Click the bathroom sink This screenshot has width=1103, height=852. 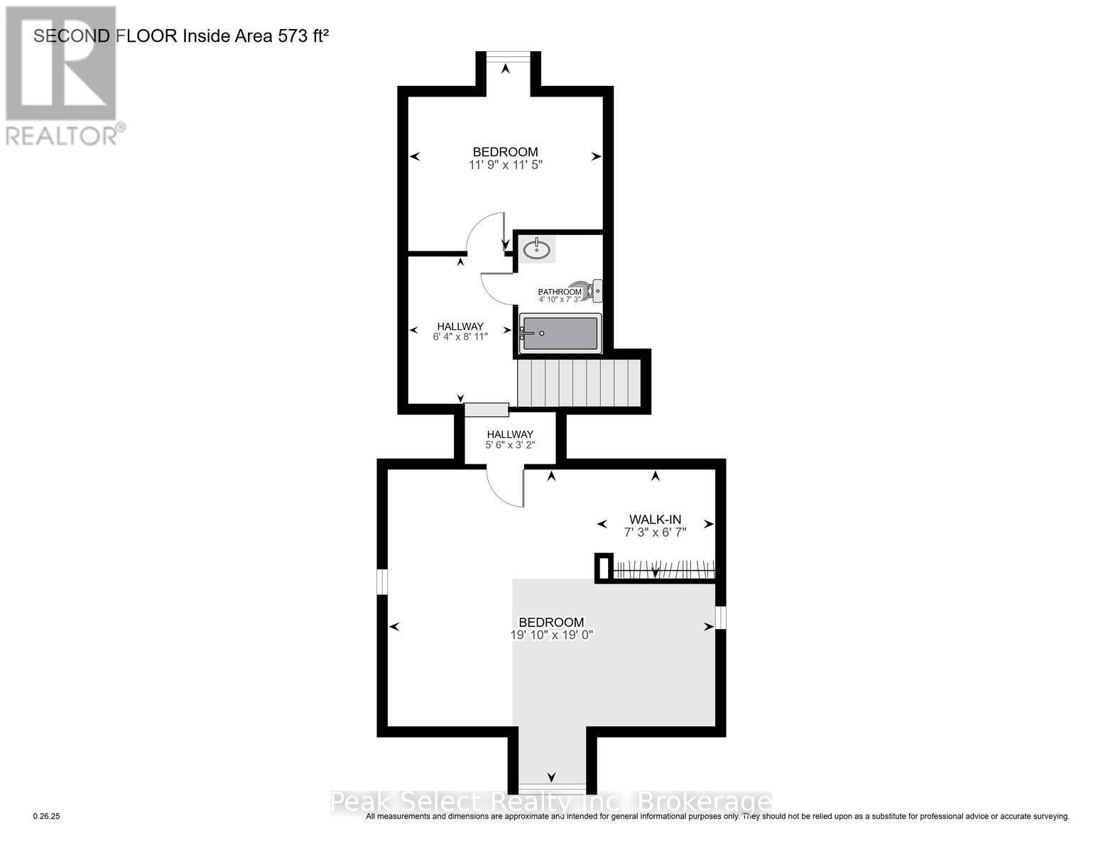[x=537, y=249]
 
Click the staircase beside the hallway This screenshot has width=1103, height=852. [x=579, y=383]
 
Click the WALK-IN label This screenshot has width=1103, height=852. [x=655, y=519]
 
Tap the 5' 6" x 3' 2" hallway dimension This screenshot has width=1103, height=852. [x=509, y=445]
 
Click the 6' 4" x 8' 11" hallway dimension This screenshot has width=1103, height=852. [x=460, y=337]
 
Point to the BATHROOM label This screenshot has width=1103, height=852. [x=560, y=292]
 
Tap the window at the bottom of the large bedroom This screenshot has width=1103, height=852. [x=552, y=788]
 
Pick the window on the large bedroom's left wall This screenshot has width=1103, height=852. [x=382, y=581]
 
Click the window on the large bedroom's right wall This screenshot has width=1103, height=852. [x=721, y=617]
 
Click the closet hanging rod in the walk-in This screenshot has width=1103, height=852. [x=663, y=569]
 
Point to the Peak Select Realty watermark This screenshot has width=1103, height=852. [x=551, y=802]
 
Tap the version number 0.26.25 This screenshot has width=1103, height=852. [x=48, y=817]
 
